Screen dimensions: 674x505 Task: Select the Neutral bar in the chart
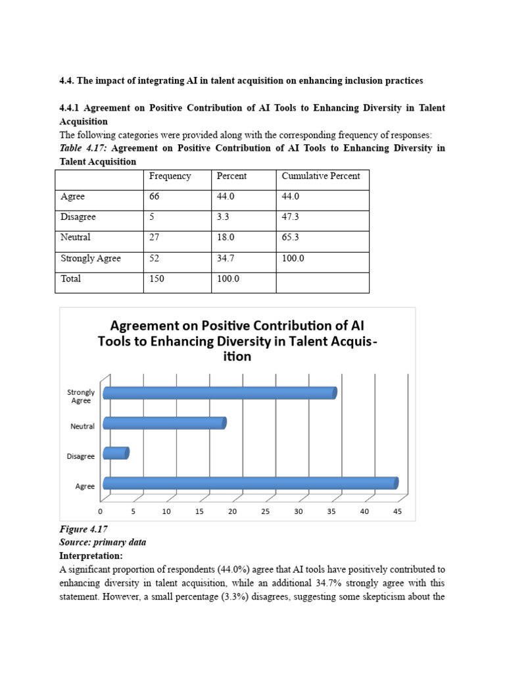point(164,423)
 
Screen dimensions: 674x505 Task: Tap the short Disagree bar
point(116,453)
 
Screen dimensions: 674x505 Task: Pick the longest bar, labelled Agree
point(250,483)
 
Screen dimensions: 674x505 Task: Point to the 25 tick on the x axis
point(266,511)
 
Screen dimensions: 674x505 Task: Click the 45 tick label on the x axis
point(397,511)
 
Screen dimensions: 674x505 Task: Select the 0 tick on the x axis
point(101,511)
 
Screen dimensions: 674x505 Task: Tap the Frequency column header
point(170,176)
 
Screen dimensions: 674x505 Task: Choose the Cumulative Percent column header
point(321,176)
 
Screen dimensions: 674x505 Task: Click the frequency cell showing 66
point(155,197)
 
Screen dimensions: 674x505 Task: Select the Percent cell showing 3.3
point(224,217)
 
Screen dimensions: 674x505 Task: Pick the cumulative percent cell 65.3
point(291,238)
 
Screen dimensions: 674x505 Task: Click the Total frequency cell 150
point(156,279)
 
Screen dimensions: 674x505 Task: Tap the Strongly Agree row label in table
point(91,259)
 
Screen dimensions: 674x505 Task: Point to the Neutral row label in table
point(76,238)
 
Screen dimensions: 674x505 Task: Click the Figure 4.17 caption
point(84,529)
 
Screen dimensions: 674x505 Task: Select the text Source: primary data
point(103,542)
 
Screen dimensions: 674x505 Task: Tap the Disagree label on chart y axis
point(82,456)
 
